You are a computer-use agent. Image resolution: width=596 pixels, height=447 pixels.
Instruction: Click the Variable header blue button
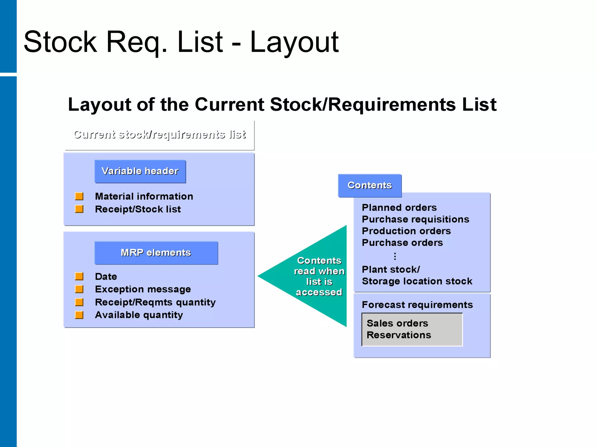point(140,171)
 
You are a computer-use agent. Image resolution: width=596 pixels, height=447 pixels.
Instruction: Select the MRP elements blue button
point(156,253)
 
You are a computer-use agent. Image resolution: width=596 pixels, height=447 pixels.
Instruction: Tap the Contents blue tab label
point(370,185)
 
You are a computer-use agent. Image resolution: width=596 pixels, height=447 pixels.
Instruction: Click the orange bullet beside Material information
point(79,196)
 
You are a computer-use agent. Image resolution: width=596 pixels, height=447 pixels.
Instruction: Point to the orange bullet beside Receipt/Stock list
point(79,209)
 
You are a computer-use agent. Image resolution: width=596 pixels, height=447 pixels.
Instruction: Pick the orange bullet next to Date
point(79,276)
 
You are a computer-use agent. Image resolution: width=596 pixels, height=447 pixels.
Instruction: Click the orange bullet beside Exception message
point(79,289)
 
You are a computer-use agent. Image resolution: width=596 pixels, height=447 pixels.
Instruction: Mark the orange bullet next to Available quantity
point(79,315)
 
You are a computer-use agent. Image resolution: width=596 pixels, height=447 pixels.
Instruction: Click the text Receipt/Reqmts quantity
point(155,302)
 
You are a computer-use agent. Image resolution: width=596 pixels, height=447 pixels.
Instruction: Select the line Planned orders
point(399,208)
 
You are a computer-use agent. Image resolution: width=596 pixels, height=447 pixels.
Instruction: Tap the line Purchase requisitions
point(415,219)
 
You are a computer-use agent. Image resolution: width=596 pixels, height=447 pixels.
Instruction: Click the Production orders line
point(406,231)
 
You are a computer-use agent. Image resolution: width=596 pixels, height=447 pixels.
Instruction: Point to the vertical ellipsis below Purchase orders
point(395,256)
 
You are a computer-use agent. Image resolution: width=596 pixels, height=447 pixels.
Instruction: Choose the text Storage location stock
point(417,281)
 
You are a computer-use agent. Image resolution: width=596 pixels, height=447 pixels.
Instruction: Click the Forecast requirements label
point(417,305)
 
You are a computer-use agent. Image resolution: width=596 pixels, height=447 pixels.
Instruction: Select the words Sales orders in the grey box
point(397,323)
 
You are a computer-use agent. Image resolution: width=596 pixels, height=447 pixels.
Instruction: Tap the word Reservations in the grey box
point(399,335)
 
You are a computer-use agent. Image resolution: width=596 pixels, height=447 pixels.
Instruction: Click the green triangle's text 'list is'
point(319,282)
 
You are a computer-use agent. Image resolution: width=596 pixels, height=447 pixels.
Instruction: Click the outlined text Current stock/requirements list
point(159,134)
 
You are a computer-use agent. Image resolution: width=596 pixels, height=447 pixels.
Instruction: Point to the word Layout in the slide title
point(294,42)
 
